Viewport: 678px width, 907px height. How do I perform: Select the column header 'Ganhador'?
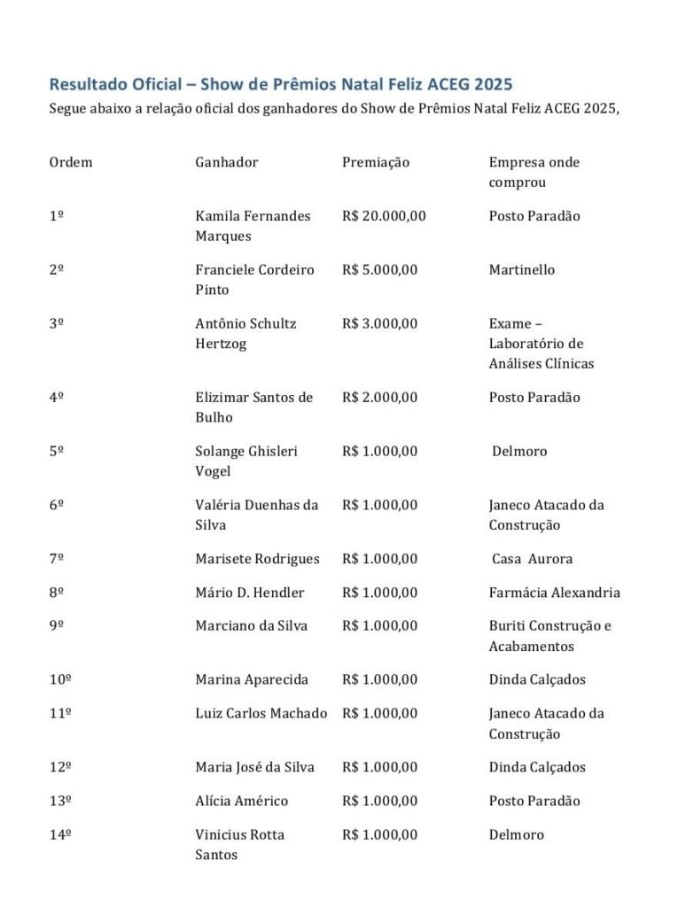(227, 162)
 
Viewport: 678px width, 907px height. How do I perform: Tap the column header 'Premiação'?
(376, 162)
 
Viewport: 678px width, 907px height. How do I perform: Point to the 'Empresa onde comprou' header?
(534, 172)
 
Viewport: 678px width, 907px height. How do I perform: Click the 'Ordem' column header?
(71, 162)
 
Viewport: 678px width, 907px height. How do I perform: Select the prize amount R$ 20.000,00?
(384, 216)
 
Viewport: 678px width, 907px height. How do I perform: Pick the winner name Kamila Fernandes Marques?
(253, 226)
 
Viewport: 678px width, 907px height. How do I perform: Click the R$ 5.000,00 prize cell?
(379, 270)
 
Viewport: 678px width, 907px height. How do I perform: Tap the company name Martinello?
(522, 270)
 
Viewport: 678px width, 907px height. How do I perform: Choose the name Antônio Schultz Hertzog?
(245, 333)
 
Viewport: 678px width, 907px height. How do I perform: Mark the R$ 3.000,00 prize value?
(379, 323)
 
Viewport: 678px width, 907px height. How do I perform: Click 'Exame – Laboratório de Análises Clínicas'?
(542, 344)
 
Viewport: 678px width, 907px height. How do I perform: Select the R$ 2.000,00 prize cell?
(379, 398)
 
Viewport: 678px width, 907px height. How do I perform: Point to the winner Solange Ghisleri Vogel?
(246, 461)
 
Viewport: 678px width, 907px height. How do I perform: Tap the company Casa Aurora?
(533, 559)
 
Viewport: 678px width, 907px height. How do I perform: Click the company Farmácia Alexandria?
(554, 593)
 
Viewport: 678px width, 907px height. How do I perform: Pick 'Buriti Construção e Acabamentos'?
(549, 636)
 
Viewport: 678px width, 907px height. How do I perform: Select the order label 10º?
(60, 679)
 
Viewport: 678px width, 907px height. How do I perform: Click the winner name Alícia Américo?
(241, 801)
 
